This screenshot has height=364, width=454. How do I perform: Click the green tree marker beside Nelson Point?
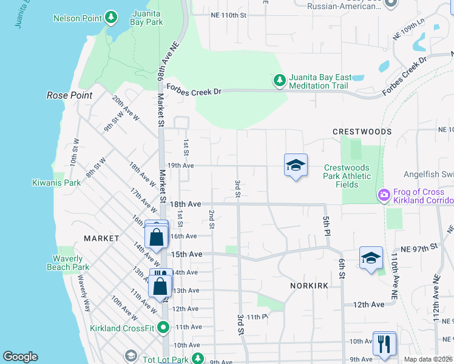coord(111,18)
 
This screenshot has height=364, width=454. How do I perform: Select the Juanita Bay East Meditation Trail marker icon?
coord(279,80)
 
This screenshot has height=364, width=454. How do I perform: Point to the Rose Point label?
coord(70,95)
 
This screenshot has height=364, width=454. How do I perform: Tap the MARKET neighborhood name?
coord(101,238)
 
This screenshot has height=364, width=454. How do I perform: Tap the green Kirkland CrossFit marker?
coord(163,328)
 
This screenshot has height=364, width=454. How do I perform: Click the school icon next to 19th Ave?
coord(296,166)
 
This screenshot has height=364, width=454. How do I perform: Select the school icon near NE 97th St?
coord(371,258)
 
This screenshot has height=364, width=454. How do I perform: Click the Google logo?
coord(20,357)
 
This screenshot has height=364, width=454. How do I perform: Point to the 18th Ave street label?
coord(185,205)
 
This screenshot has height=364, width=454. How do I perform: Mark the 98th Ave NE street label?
coord(162,62)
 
